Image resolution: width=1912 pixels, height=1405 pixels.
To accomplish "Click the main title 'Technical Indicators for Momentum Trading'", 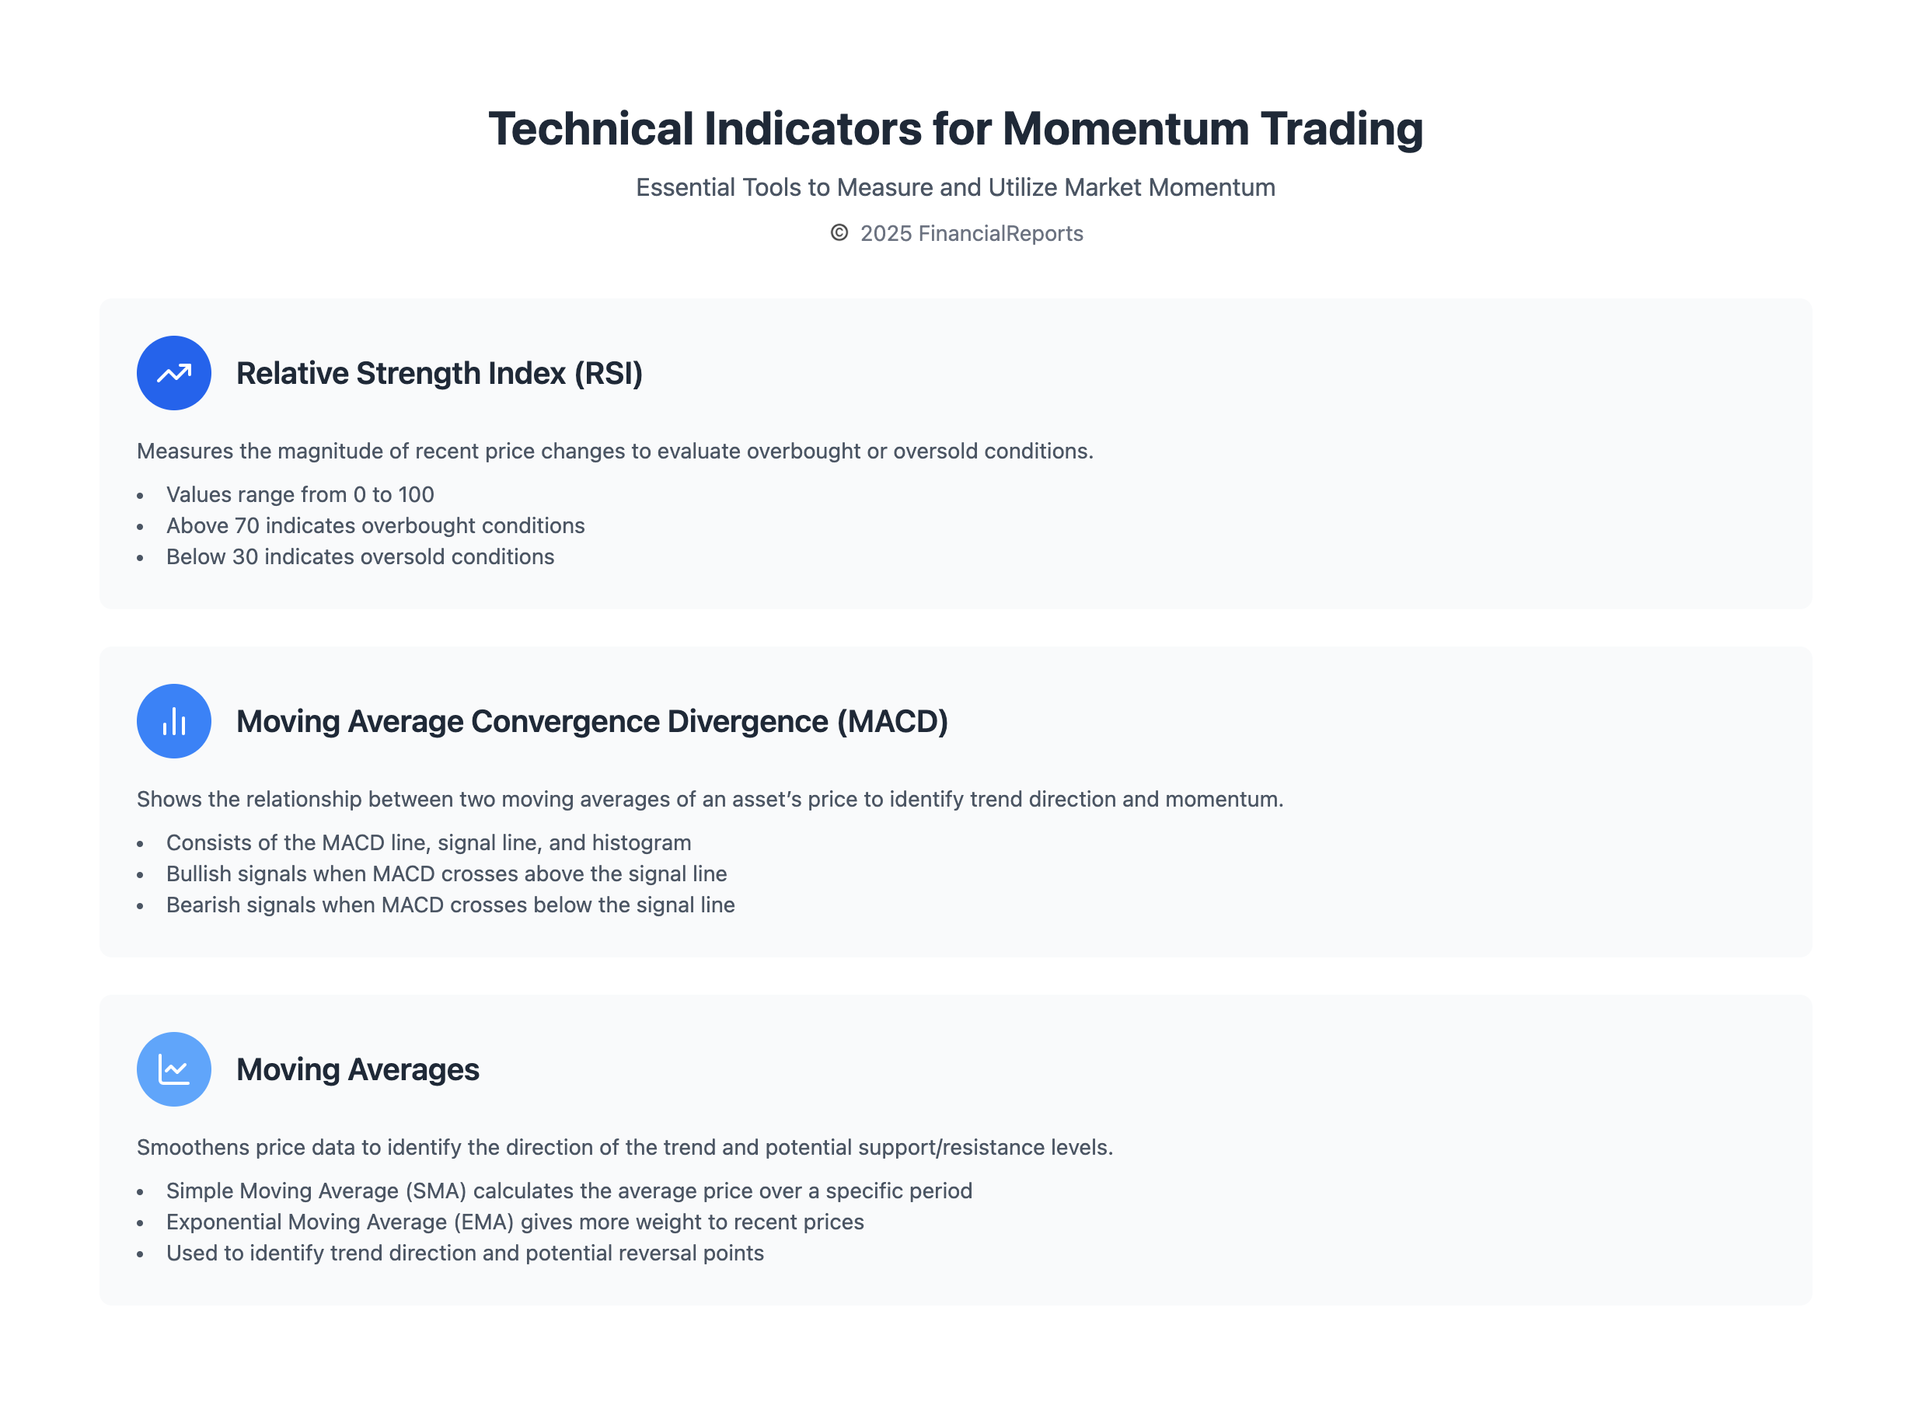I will tap(955, 129).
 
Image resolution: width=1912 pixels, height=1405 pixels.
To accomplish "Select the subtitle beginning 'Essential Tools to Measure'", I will tap(955, 187).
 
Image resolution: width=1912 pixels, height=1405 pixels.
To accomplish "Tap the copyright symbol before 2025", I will tap(839, 233).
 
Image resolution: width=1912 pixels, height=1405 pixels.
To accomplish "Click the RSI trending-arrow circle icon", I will tap(173, 372).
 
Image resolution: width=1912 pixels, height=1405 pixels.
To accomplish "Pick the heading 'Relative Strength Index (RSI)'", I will tap(439, 373).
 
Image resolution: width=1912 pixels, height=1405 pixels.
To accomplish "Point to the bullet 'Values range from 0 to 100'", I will tap(299, 494).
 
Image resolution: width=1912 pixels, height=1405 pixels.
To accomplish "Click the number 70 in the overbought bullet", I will tap(246, 525).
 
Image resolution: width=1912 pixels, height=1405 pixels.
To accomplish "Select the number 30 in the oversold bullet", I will tap(245, 556).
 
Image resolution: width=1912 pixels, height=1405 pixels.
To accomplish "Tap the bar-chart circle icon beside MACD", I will tap(173, 721).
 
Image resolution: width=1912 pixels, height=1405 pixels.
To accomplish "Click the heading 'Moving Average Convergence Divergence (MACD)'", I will tap(592, 721).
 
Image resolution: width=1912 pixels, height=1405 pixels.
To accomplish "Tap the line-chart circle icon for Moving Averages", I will tap(173, 1069).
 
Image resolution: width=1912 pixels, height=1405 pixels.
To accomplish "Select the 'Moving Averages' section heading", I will tap(358, 1070).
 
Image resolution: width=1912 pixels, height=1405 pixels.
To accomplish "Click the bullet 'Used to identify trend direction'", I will tap(464, 1253).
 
